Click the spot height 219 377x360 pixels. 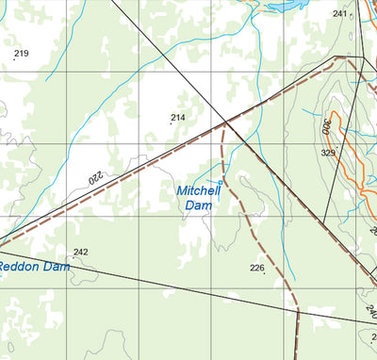[20, 53]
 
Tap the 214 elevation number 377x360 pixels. [177, 118]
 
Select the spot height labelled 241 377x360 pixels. [339, 14]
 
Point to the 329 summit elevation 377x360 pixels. [328, 153]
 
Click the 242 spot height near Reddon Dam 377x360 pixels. [80, 252]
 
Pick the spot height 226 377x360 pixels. [256, 268]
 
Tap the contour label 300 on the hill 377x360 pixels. [326, 124]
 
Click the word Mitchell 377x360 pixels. [198, 190]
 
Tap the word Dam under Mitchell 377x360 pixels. [198, 205]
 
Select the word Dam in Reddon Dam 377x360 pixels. [58, 267]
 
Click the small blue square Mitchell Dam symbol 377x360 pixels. [221, 181]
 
